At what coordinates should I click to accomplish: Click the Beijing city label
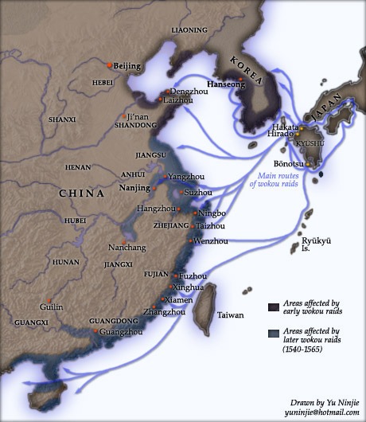[127, 65]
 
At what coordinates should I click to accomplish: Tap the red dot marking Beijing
[110, 63]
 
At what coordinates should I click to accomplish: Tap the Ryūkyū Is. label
[314, 244]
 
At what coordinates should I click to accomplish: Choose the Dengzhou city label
[185, 92]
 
